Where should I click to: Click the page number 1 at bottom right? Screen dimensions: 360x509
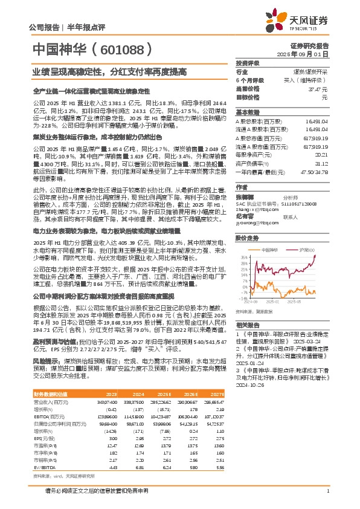coord(327,490)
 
